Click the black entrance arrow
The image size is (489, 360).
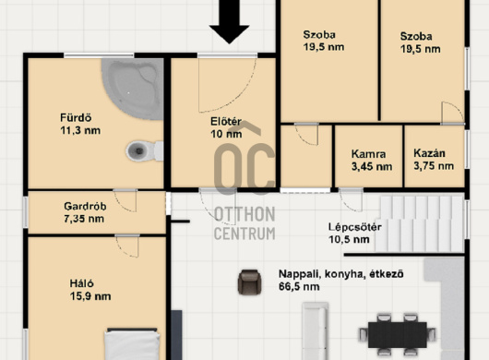(229, 22)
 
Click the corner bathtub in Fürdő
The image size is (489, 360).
(134, 88)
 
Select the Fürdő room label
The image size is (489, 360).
(76, 117)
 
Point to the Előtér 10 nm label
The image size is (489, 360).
(226, 128)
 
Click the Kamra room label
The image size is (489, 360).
(368, 154)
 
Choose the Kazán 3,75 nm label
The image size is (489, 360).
(434, 160)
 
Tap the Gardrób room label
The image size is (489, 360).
(85, 206)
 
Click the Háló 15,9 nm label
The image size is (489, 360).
(90, 290)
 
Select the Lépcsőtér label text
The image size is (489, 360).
(355, 227)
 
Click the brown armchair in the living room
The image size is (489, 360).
(249, 282)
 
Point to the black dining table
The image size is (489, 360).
(397, 335)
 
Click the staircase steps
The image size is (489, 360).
(420, 223)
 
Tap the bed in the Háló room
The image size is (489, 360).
(132, 343)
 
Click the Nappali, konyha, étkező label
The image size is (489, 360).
(340, 274)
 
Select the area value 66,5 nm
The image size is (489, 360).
(299, 286)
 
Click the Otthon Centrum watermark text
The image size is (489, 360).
(244, 223)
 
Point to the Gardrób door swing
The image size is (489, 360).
(125, 201)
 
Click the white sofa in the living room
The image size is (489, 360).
(315, 331)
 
